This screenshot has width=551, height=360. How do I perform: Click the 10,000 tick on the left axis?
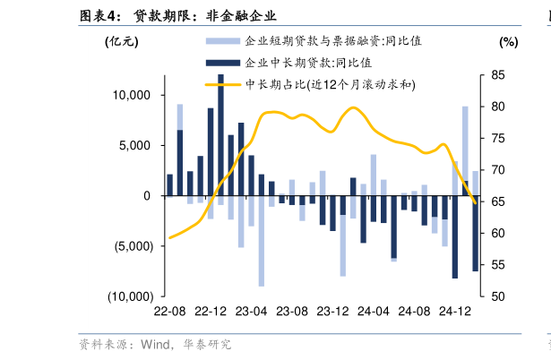(133, 95)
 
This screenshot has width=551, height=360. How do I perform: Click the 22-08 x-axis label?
(169, 311)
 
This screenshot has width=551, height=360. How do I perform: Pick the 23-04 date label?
(252, 311)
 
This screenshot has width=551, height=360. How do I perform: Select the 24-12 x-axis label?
(455, 311)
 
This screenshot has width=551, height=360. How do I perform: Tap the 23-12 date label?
(332, 311)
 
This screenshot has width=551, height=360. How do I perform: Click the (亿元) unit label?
(122, 41)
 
